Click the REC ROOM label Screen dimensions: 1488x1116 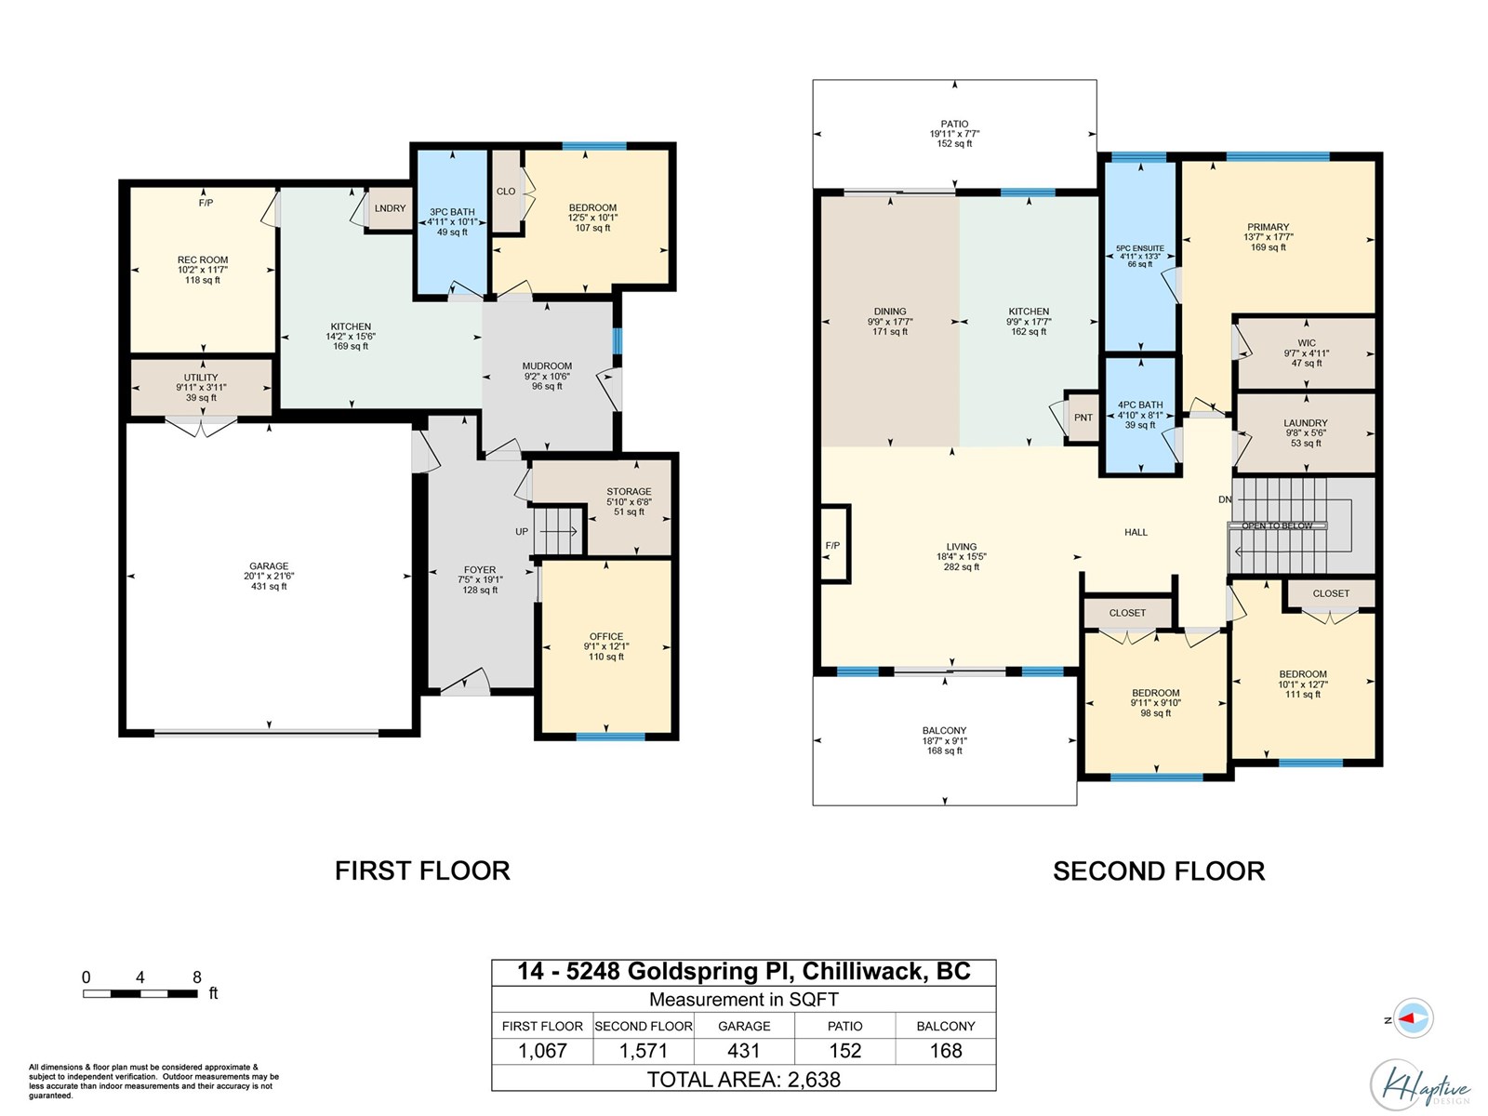click(x=203, y=259)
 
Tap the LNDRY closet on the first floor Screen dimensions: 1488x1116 click(x=390, y=208)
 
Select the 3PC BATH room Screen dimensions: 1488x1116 click(x=452, y=221)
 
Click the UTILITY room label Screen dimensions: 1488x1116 click(x=201, y=378)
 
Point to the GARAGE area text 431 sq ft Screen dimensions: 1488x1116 click(x=269, y=586)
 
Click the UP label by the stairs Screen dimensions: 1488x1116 click(x=522, y=532)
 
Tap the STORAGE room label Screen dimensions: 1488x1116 click(x=629, y=491)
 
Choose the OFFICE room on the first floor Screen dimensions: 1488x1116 click(x=606, y=646)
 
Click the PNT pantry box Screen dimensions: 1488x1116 click(x=1083, y=418)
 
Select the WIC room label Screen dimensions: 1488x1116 click(x=1307, y=343)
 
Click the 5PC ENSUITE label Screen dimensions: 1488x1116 click(x=1140, y=248)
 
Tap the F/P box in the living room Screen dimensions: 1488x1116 click(x=834, y=544)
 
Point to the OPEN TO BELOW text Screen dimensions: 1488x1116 click(x=1277, y=525)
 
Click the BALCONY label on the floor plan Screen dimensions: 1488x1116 click(x=944, y=730)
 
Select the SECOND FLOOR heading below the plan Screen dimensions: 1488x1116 click(x=1159, y=870)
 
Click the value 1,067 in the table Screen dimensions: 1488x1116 click(x=542, y=1050)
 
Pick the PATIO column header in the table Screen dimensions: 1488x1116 click(x=844, y=1026)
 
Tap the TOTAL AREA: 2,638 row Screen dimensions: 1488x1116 click(x=744, y=1079)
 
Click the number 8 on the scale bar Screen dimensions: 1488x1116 click(x=196, y=977)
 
